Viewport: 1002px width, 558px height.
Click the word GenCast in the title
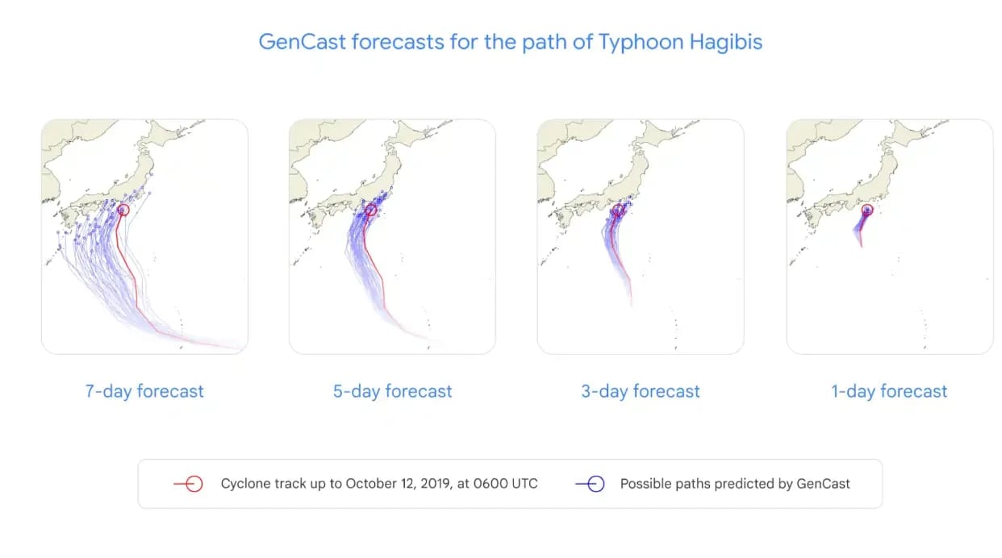pos(303,42)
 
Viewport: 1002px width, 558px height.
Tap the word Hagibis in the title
pos(725,43)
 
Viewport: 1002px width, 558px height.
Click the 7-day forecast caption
pos(144,391)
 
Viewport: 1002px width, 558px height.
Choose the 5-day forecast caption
pos(392,391)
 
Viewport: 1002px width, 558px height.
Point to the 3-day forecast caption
pos(640,391)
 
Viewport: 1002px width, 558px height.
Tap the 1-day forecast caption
pos(889,391)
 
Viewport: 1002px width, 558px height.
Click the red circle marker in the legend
pos(194,484)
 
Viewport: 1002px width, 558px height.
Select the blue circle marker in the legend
pos(596,484)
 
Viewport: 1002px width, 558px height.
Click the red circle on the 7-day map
pos(123,210)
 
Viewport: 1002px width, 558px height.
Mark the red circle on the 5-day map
pos(371,210)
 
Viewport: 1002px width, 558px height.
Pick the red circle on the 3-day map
pos(618,210)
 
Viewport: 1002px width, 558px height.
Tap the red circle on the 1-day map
pos(867,210)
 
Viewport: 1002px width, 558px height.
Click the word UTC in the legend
pos(524,484)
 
